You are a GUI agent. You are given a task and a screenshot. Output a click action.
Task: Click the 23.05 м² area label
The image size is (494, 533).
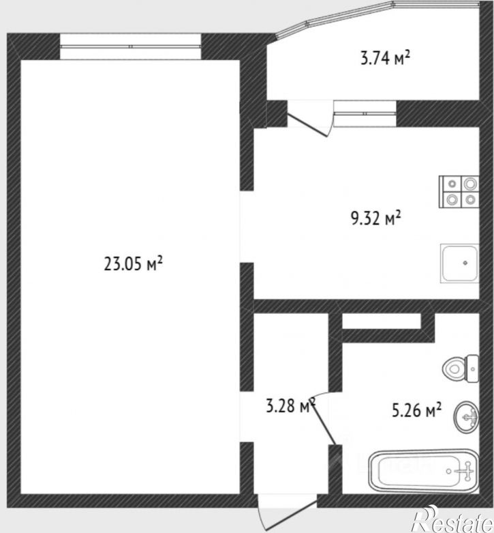click(x=134, y=263)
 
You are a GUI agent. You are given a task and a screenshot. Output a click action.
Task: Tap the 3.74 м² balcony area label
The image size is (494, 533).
click(x=385, y=58)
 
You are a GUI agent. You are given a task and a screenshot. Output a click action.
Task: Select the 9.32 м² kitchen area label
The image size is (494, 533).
click(x=375, y=218)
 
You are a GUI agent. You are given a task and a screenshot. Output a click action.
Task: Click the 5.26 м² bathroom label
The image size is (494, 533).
click(x=416, y=410)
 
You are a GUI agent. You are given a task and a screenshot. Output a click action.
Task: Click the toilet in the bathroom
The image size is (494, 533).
click(x=461, y=369)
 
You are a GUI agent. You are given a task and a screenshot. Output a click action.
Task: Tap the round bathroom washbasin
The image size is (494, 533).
click(x=466, y=417)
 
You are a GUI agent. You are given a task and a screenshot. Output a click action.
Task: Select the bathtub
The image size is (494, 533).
click(x=423, y=472)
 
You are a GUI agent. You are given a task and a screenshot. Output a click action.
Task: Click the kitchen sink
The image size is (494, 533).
click(x=459, y=263)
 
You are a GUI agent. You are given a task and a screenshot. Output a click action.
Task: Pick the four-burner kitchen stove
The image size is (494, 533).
click(x=459, y=192)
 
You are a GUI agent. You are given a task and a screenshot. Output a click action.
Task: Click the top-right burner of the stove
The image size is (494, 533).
click(x=470, y=184)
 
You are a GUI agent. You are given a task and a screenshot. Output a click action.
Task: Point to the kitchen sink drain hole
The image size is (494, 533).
click(x=465, y=263)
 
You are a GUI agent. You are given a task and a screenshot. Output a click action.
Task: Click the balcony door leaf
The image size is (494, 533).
click(x=307, y=125)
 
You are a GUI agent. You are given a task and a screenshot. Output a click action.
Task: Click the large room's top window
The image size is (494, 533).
click(x=131, y=46)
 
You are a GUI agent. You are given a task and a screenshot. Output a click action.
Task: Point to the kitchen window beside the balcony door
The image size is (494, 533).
click(x=365, y=113)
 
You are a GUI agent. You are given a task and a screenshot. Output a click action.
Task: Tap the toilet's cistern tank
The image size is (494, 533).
click(x=472, y=369)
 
